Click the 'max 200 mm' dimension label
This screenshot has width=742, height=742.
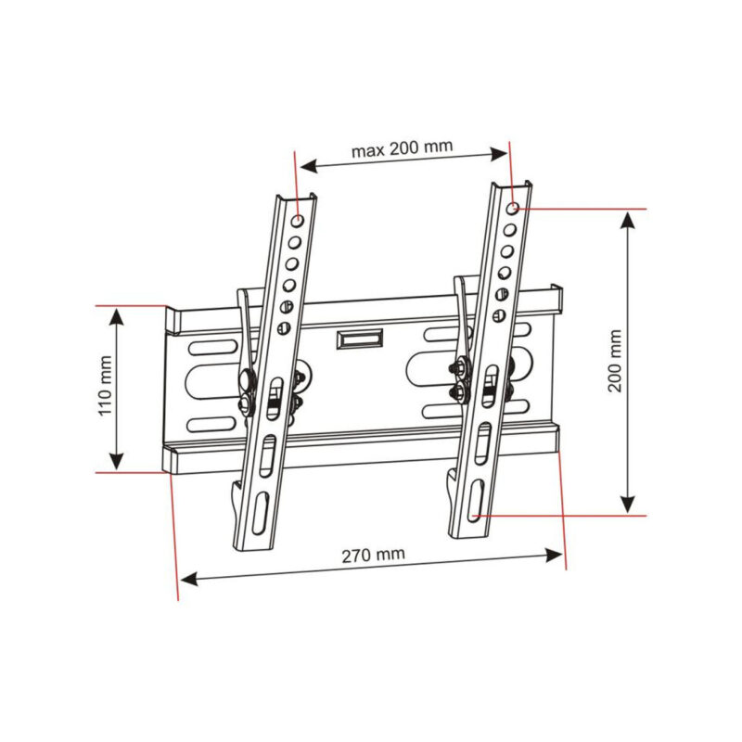tap(402, 148)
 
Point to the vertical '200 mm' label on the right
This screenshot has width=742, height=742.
tap(615, 361)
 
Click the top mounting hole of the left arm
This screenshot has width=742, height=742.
tap(298, 222)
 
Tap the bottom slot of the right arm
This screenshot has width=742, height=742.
tap(474, 501)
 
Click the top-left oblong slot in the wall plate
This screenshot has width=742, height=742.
tap(212, 350)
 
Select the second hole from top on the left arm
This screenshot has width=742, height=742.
tap(294, 243)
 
